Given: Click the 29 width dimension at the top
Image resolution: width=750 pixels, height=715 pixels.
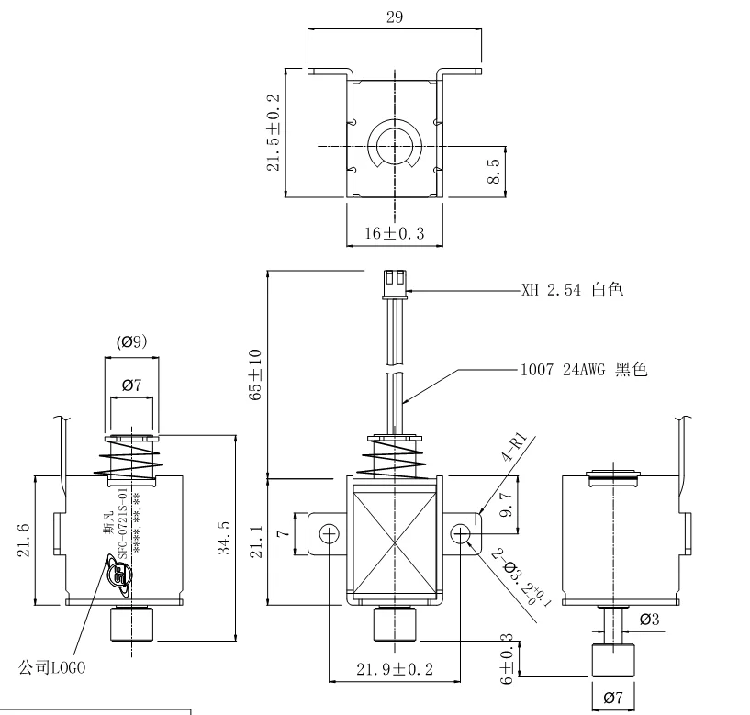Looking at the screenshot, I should [395, 17].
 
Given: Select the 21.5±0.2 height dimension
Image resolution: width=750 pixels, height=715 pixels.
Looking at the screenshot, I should [273, 131].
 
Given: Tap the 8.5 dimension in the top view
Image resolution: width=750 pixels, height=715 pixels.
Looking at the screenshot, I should [493, 171].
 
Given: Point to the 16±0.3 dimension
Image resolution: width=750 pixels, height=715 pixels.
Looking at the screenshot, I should [395, 233].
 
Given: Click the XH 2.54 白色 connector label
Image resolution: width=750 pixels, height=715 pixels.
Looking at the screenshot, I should [572, 290].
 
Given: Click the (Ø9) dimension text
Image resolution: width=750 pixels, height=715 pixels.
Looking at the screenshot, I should [132, 342].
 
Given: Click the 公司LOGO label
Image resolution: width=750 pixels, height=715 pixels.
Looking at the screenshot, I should [52, 667].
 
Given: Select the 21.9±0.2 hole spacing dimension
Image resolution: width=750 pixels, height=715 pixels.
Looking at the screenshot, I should [395, 669].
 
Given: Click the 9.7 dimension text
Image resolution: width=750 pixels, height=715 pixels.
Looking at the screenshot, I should [505, 505].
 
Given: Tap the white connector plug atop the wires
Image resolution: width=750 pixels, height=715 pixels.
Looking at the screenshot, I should [395, 282].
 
